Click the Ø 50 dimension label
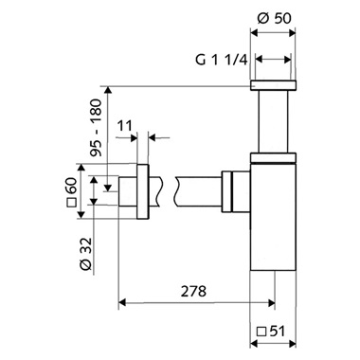[x=274, y=18]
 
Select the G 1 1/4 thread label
[x=221, y=60]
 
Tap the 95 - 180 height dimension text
[x=96, y=128]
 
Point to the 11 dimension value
[x=125, y=126]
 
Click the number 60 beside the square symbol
[x=72, y=187]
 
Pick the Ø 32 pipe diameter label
[x=86, y=254]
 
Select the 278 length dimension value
[x=193, y=291]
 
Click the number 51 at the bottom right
[x=278, y=332]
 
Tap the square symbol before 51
[x=261, y=332]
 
